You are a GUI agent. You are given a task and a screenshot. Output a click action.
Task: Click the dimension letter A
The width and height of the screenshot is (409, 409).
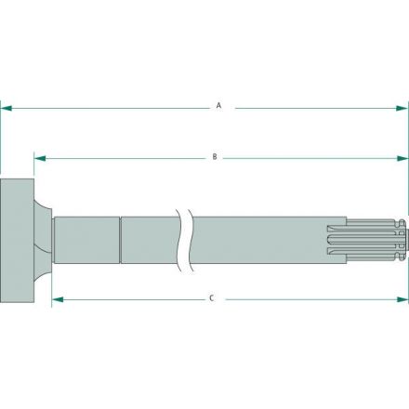pyautogui.click(x=218, y=106)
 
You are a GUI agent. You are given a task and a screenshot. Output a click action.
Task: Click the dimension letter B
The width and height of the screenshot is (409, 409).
pyautogui.click(x=215, y=158)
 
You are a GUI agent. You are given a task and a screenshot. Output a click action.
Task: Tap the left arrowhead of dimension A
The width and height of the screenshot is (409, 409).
pyautogui.click(x=5, y=107)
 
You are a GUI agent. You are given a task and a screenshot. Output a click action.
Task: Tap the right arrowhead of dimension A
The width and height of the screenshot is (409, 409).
pyautogui.click(x=403, y=107)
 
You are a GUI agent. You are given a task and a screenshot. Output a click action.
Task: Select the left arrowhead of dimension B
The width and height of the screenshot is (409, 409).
pyautogui.click(x=39, y=158)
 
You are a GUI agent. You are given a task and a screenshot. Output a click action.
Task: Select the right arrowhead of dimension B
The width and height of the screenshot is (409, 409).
pyautogui.click(x=403, y=158)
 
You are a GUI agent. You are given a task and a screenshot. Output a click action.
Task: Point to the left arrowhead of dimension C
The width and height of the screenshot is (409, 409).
pyautogui.click(x=55, y=299)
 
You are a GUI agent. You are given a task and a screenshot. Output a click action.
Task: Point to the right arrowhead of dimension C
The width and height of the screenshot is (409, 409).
pyautogui.click(x=403, y=299)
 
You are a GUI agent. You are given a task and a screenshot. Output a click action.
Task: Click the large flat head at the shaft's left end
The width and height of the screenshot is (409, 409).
pyautogui.click(x=16, y=239)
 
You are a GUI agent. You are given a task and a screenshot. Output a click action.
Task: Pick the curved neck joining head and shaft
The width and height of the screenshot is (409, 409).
pyautogui.click(x=42, y=239)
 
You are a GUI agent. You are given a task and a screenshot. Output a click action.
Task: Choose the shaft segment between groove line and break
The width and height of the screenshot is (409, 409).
pyautogui.click(x=151, y=240)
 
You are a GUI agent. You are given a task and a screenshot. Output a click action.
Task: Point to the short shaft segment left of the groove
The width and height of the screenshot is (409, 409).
pyautogui.click(x=86, y=240)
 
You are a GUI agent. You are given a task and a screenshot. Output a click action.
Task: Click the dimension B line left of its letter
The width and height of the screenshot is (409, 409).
pyautogui.click(x=121, y=158)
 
